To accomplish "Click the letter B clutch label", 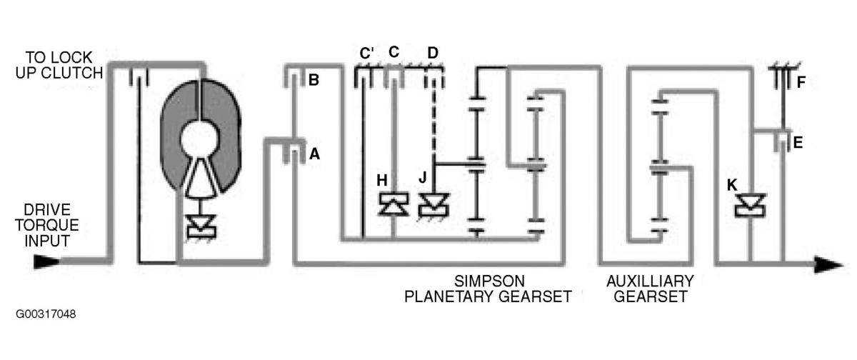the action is [x=314, y=80].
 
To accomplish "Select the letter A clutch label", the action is [x=314, y=154].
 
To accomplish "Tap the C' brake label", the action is [x=366, y=53].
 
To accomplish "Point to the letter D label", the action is [x=433, y=53].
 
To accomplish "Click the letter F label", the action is [x=801, y=82].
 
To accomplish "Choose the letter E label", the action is [x=798, y=143].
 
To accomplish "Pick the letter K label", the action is [x=732, y=185].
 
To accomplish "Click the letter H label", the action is [x=382, y=180].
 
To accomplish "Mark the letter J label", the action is [x=423, y=177].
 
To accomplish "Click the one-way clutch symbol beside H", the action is [x=394, y=204].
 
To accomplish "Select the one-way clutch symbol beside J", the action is [x=434, y=206].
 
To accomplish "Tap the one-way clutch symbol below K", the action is [x=751, y=206].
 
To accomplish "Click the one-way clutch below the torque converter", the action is [x=201, y=227].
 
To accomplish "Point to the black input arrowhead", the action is [x=46, y=261].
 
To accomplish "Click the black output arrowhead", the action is [x=829, y=265].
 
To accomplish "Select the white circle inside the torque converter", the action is [x=200, y=139].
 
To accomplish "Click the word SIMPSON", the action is [x=489, y=281].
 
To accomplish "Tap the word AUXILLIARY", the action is [x=650, y=281].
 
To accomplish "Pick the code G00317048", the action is [x=46, y=314].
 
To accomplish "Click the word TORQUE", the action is [x=47, y=225].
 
